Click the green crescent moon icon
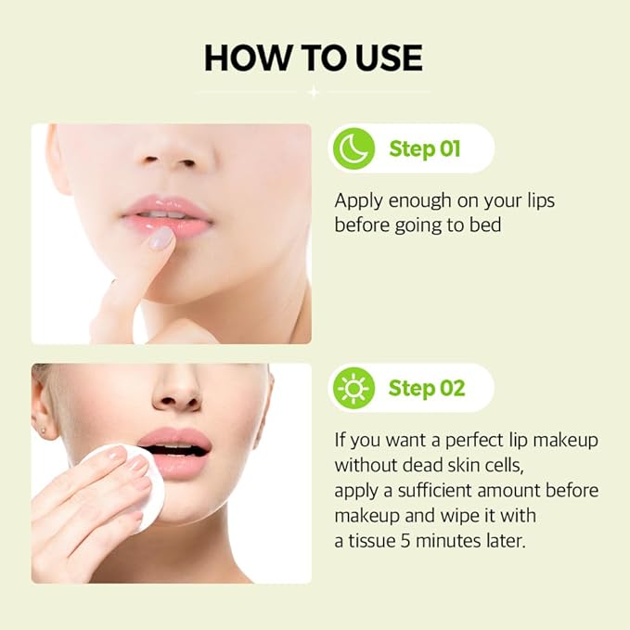click(354, 148)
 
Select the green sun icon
click(354, 388)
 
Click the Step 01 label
click(425, 148)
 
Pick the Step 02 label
click(427, 388)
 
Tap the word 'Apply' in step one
click(358, 201)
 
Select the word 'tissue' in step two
click(372, 541)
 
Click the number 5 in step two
click(405, 541)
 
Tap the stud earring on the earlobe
click(43, 431)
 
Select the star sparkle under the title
click(314, 93)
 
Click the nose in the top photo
click(171, 153)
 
